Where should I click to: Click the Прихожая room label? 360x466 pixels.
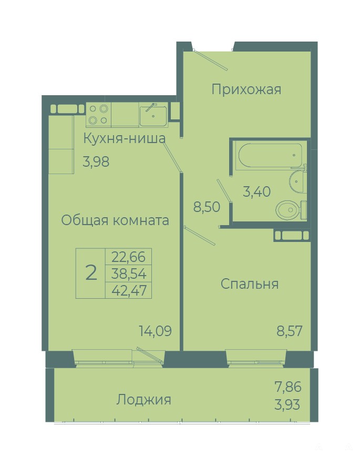(x=246, y=89)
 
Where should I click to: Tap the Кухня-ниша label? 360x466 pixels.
(x=124, y=138)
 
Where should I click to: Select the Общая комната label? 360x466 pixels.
(x=115, y=221)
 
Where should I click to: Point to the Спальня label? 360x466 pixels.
(x=250, y=284)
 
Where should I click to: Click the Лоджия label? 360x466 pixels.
(x=144, y=400)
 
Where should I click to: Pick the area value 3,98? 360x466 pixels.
(x=96, y=162)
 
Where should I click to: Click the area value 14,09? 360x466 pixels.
(x=156, y=331)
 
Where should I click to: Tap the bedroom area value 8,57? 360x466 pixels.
(x=290, y=331)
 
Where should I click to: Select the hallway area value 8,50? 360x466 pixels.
(x=207, y=207)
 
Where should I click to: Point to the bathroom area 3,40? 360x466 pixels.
(x=256, y=191)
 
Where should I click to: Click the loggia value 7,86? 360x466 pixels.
(x=288, y=387)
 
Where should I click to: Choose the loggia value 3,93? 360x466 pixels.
(x=287, y=404)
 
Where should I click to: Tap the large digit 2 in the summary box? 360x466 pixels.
(x=91, y=273)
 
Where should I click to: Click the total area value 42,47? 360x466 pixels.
(x=129, y=290)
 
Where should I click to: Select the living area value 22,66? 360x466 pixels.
(x=129, y=257)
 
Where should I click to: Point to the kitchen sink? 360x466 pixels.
(x=153, y=115)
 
